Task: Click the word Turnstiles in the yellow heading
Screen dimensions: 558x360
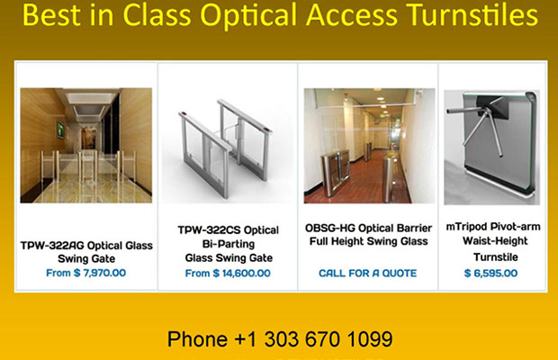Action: point(472,15)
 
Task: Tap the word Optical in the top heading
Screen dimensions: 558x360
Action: point(248,17)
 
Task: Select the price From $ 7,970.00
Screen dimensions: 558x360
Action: point(85,273)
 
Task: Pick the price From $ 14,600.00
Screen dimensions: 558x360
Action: point(228,274)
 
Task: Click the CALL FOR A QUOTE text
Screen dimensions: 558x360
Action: point(367,274)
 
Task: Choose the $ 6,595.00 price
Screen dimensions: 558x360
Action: point(490,274)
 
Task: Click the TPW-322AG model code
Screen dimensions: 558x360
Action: point(52,246)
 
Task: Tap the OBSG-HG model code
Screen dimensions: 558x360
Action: point(330,228)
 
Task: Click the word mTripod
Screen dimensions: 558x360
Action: point(466,227)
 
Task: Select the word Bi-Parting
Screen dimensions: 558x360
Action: point(229,244)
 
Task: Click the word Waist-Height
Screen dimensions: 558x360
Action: point(495,241)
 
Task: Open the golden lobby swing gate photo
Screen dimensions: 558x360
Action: point(86,146)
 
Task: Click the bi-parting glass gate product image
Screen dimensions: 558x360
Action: point(226,148)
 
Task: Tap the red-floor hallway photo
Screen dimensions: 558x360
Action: point(369,146)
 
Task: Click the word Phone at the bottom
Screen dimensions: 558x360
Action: point(197,339)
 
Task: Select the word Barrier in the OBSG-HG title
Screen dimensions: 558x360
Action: point(414,228)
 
